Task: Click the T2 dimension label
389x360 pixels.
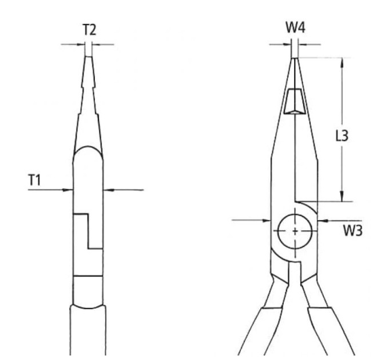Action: (x=89, y=30)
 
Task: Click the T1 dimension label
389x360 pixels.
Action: (x=34, y=180)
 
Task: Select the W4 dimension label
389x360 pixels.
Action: (x=296, y=27)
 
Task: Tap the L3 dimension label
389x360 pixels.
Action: (x=342, y=136)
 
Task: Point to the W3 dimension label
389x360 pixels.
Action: (x=353, y=231)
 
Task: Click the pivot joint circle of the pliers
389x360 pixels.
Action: (x=295, y=231)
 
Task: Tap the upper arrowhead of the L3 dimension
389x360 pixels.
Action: (x=342, y=62)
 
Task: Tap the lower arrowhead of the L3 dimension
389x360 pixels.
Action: (x=342, y=196)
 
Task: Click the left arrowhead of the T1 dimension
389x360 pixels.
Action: (x=68, y=190)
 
